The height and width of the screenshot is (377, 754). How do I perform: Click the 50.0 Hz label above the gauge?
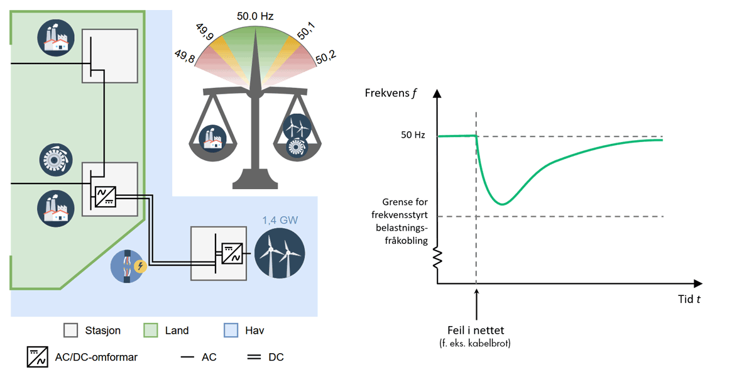(x=255, y=16)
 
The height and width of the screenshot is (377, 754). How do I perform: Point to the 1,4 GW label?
(x=280, y=221)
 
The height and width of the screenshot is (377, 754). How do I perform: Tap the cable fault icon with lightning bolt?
(x=129, y=266)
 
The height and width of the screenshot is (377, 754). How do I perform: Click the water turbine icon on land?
(x=53, y=159)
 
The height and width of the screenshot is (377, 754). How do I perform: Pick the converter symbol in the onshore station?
(x=105, y=196)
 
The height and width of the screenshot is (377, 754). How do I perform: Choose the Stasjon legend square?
(x=71, y=330)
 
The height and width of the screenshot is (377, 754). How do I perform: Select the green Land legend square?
(x=151, y=330)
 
